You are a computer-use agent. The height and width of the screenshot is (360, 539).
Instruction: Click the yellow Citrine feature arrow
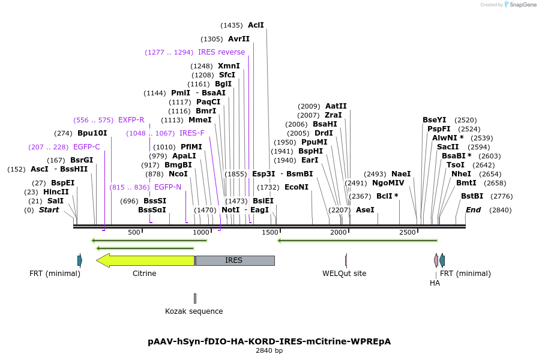click(x=147, y=260)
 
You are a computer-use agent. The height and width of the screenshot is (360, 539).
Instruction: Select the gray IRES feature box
click(x=234, y=260)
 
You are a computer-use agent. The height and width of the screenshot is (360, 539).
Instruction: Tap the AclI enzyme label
click(x=256, y=25)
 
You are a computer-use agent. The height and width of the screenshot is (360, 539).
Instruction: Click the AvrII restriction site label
click(x=238, y=39)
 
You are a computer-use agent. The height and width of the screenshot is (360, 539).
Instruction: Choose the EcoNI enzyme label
click(x=297, y=187)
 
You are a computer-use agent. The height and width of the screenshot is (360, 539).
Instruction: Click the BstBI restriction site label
click(x=472, y=196)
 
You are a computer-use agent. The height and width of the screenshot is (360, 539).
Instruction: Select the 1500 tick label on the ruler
click(x=271, y=232)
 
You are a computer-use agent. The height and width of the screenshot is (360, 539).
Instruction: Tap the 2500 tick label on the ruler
click(x=408, y=232)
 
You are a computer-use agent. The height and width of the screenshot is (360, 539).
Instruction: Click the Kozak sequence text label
click(x=194, y=311)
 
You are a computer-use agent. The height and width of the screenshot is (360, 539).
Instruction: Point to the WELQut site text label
click(x=344, y=274)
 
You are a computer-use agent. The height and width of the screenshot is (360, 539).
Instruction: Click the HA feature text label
click(x=435, y=283)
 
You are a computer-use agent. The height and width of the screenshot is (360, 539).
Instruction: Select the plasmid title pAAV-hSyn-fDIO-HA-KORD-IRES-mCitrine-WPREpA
click(x=269, y=341)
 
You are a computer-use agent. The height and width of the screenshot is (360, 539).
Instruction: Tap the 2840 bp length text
click(x=269, y=350)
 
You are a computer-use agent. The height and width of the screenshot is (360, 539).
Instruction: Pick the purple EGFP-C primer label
click(x=86, y=147)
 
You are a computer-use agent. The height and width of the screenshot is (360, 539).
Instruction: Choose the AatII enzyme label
click(x=336, y=106)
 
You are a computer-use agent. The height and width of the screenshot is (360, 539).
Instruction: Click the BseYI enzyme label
click(x=434, y=120)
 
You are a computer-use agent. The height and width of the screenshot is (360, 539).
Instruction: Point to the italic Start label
click(x=49, y=210)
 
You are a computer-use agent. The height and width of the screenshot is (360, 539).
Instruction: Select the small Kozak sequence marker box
click(x=195, y=298)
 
